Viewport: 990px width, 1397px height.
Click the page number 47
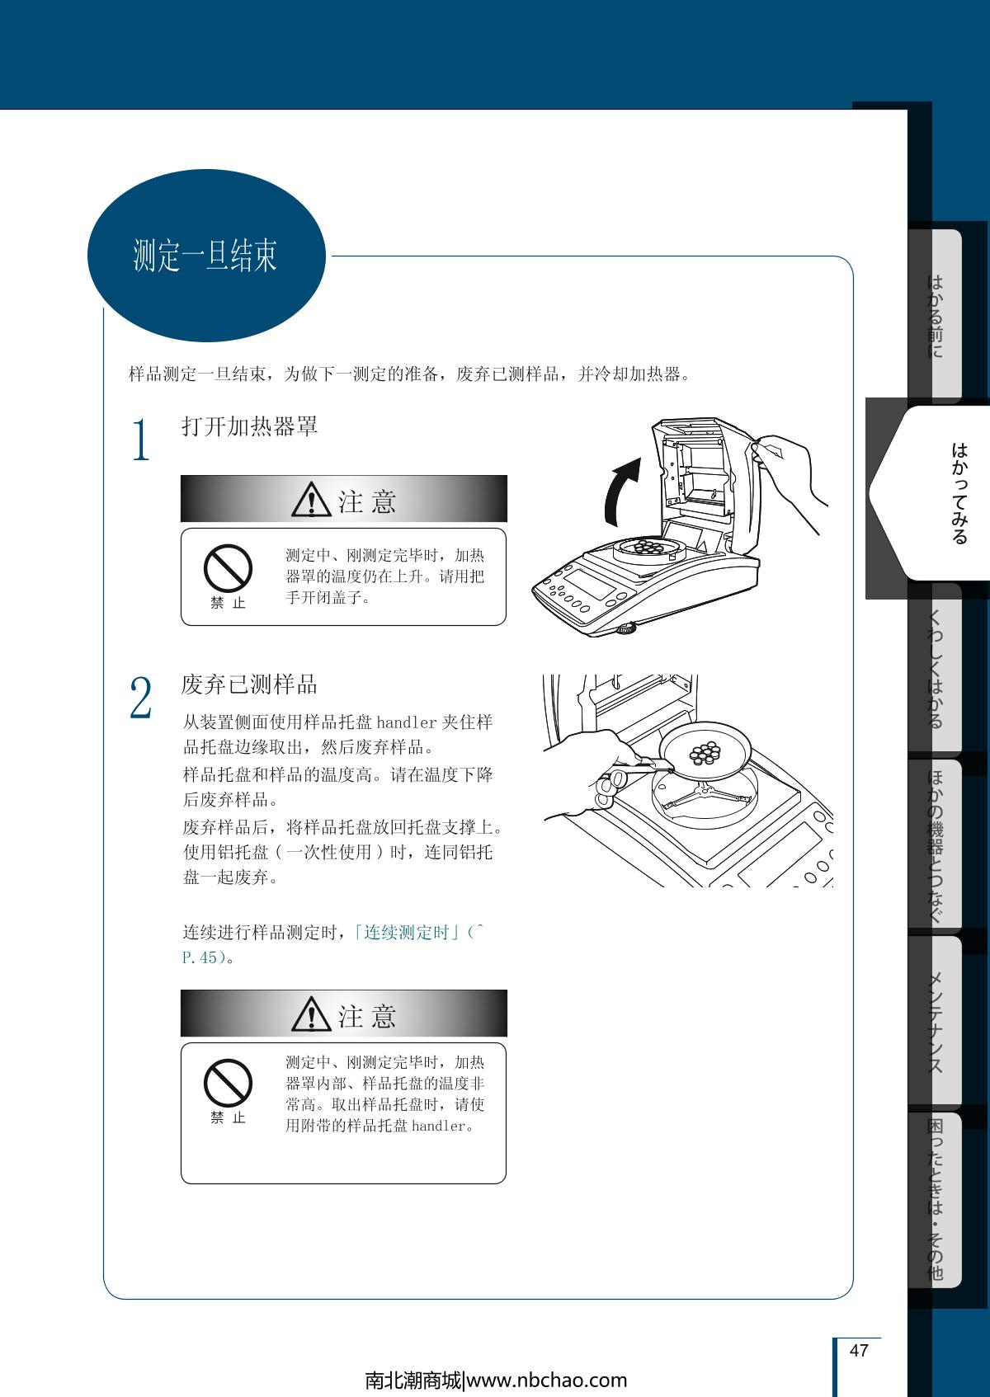(858, 1350)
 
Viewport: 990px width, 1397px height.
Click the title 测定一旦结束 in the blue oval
(205, 255)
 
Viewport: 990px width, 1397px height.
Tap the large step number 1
(141, 439)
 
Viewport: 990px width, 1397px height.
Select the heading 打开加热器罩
(249, 426)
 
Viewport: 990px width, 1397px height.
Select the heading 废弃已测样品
(249, 684)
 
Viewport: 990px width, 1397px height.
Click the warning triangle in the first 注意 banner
(311, 501)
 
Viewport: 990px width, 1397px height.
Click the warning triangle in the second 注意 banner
(311, 1014)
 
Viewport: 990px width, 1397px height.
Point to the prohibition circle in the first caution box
(228, 568)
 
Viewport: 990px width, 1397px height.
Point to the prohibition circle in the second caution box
(228, 1083)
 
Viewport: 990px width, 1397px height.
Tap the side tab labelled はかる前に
(935, 316)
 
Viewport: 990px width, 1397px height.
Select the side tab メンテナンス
(935, 1023)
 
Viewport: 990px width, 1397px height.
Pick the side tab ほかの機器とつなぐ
(935, 846)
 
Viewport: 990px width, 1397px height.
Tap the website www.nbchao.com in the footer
(547, 1381)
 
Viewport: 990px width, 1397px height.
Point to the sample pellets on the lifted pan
(705, 753)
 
